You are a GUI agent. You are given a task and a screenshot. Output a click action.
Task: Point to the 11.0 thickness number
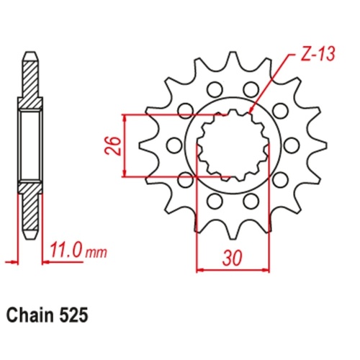coord(68,252)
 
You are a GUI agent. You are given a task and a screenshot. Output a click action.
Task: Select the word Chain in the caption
coord(30,315)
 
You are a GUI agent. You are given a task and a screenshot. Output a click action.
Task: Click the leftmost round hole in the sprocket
coord(173,145)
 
